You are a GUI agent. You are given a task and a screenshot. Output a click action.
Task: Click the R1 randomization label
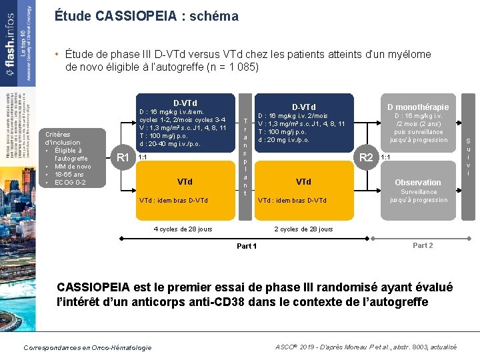(123, 158)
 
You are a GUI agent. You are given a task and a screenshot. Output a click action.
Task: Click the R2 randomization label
(366, 158)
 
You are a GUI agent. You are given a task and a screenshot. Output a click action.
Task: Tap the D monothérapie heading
(418, 107)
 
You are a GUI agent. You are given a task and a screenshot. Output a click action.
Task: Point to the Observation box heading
(418, 182)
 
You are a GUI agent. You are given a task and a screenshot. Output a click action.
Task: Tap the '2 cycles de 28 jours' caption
(303, 229)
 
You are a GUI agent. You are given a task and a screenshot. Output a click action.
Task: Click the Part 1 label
(247, 246)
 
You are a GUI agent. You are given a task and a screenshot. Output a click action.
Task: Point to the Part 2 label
(423, 245)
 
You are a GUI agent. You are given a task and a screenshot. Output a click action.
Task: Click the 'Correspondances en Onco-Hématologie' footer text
(87, 347)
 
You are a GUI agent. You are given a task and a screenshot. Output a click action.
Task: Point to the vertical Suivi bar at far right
(468, 157)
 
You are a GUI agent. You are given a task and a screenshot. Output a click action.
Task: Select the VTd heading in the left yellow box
(185, 181)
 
